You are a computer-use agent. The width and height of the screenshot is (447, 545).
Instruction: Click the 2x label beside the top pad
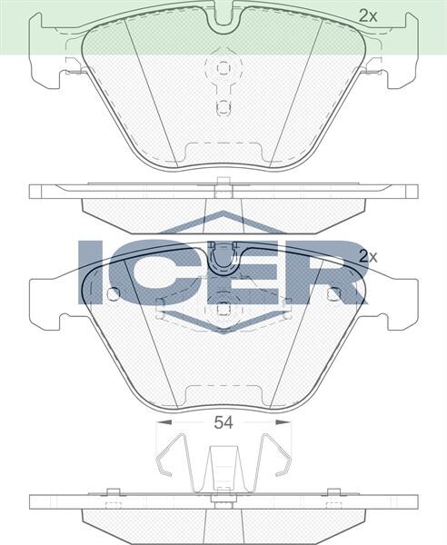pyautogui.click(x=366, y=15)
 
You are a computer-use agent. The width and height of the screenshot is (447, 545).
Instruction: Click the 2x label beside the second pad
pyautogui.click(x=367, y=256)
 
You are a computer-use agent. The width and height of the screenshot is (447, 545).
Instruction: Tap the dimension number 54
pyautogui.click(x=223, y=421)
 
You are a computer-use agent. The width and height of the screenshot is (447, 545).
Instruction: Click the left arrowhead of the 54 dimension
pyautogui.click(x=161, y=422)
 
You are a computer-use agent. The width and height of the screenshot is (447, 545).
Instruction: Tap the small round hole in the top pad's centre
pyautogui.click(x=223, y=106)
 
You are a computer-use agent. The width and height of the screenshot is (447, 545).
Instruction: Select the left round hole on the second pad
pyautogui.click(x=113, y=294)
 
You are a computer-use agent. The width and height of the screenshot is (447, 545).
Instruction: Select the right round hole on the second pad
pyautogui.click(x=333, y=294)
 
